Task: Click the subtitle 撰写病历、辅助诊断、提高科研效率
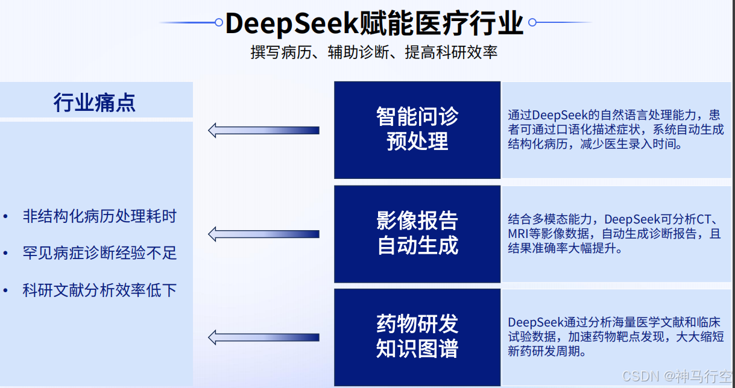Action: tap(374, 52)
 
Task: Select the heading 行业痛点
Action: tap(95, 102)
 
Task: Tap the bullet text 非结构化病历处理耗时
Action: tap(99, 216)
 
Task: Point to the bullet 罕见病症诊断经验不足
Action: tap(99, 253)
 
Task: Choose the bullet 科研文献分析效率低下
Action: tap(99, 290)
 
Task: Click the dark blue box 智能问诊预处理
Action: tap(417, 130)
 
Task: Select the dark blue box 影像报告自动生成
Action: tap(417, 233)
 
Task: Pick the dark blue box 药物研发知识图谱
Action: tap(417, 337)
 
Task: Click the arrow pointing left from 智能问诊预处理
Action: tap(263, 130)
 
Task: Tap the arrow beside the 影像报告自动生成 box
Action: tap(263, 234)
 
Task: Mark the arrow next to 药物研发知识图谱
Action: tap(263, 337)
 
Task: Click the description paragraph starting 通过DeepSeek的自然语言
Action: tap(615, 130)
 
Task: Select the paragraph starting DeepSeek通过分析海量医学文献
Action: tap(615, 337)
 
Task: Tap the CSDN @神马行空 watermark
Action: tap(676, 377)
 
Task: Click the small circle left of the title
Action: tap(219, 23)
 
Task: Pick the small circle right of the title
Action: tap(532, 23)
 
